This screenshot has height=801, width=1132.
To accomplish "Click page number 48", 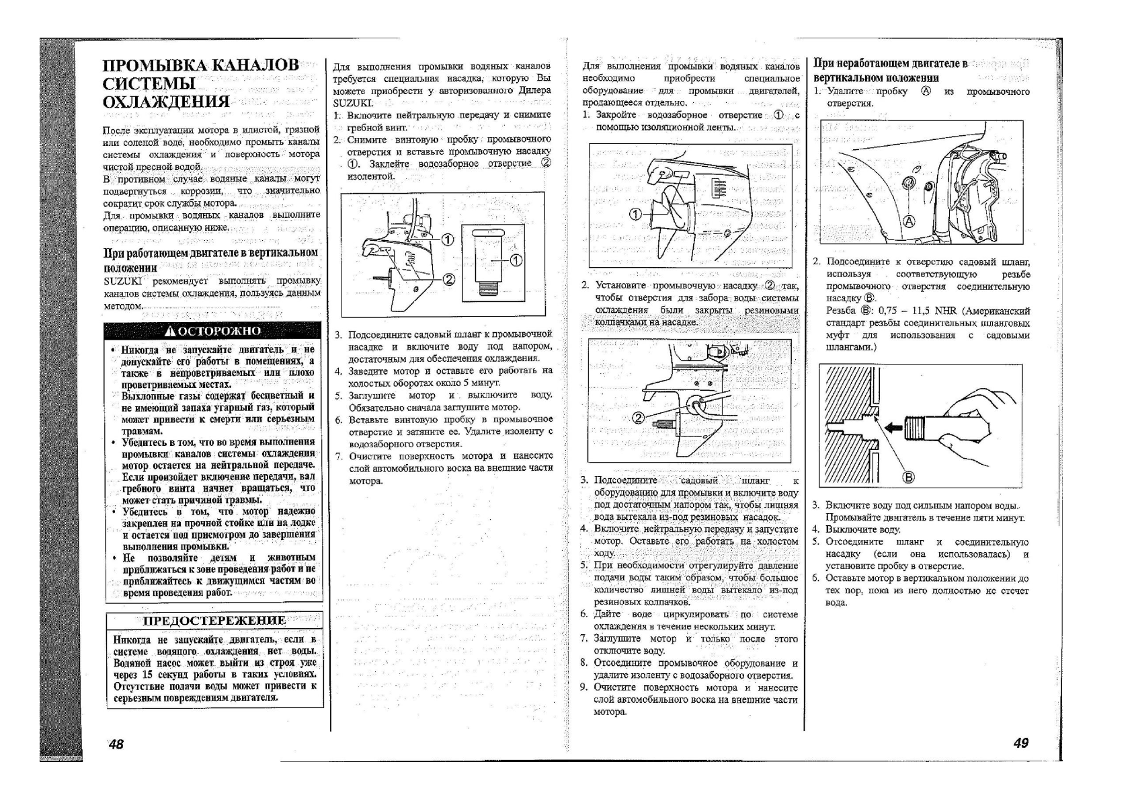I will click(116, 744).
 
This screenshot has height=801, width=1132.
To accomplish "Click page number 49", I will click(1020, 742).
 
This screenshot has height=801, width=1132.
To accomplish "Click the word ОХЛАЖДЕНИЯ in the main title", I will click(165, 102).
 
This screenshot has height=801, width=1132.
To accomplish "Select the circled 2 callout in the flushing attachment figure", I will click(639, 418).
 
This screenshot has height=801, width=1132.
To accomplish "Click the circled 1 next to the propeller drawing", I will click(634, 215).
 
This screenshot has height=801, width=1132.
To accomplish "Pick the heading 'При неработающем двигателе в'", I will click(890, 64).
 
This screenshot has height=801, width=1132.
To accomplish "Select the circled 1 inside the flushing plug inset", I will click(516, 260).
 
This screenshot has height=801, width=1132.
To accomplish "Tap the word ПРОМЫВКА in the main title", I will click(155, 66).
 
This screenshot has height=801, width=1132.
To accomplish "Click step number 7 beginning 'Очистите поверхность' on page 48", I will click(339, 456).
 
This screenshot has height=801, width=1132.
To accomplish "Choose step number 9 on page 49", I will click(583, 687).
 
